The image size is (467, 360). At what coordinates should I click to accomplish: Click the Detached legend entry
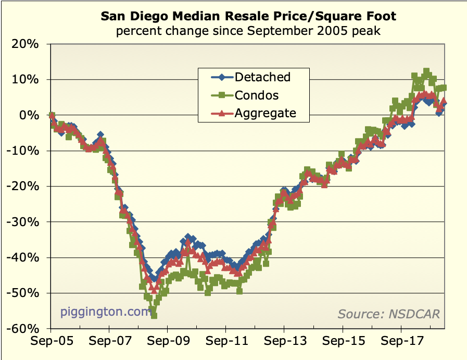[262, 77]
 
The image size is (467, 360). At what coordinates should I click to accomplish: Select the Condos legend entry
[257, 95]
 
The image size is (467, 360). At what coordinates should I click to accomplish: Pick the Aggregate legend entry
[265, 113]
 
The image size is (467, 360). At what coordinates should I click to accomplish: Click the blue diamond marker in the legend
[222, 78]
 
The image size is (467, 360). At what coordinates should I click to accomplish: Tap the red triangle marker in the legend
[222, 113]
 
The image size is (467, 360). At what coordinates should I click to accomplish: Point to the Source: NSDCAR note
[388, 314]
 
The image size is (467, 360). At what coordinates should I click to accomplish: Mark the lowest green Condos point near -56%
[154, 315]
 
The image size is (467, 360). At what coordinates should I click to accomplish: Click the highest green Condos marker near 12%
[426, 72]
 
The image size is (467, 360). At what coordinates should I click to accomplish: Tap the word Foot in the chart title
[382, 17]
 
